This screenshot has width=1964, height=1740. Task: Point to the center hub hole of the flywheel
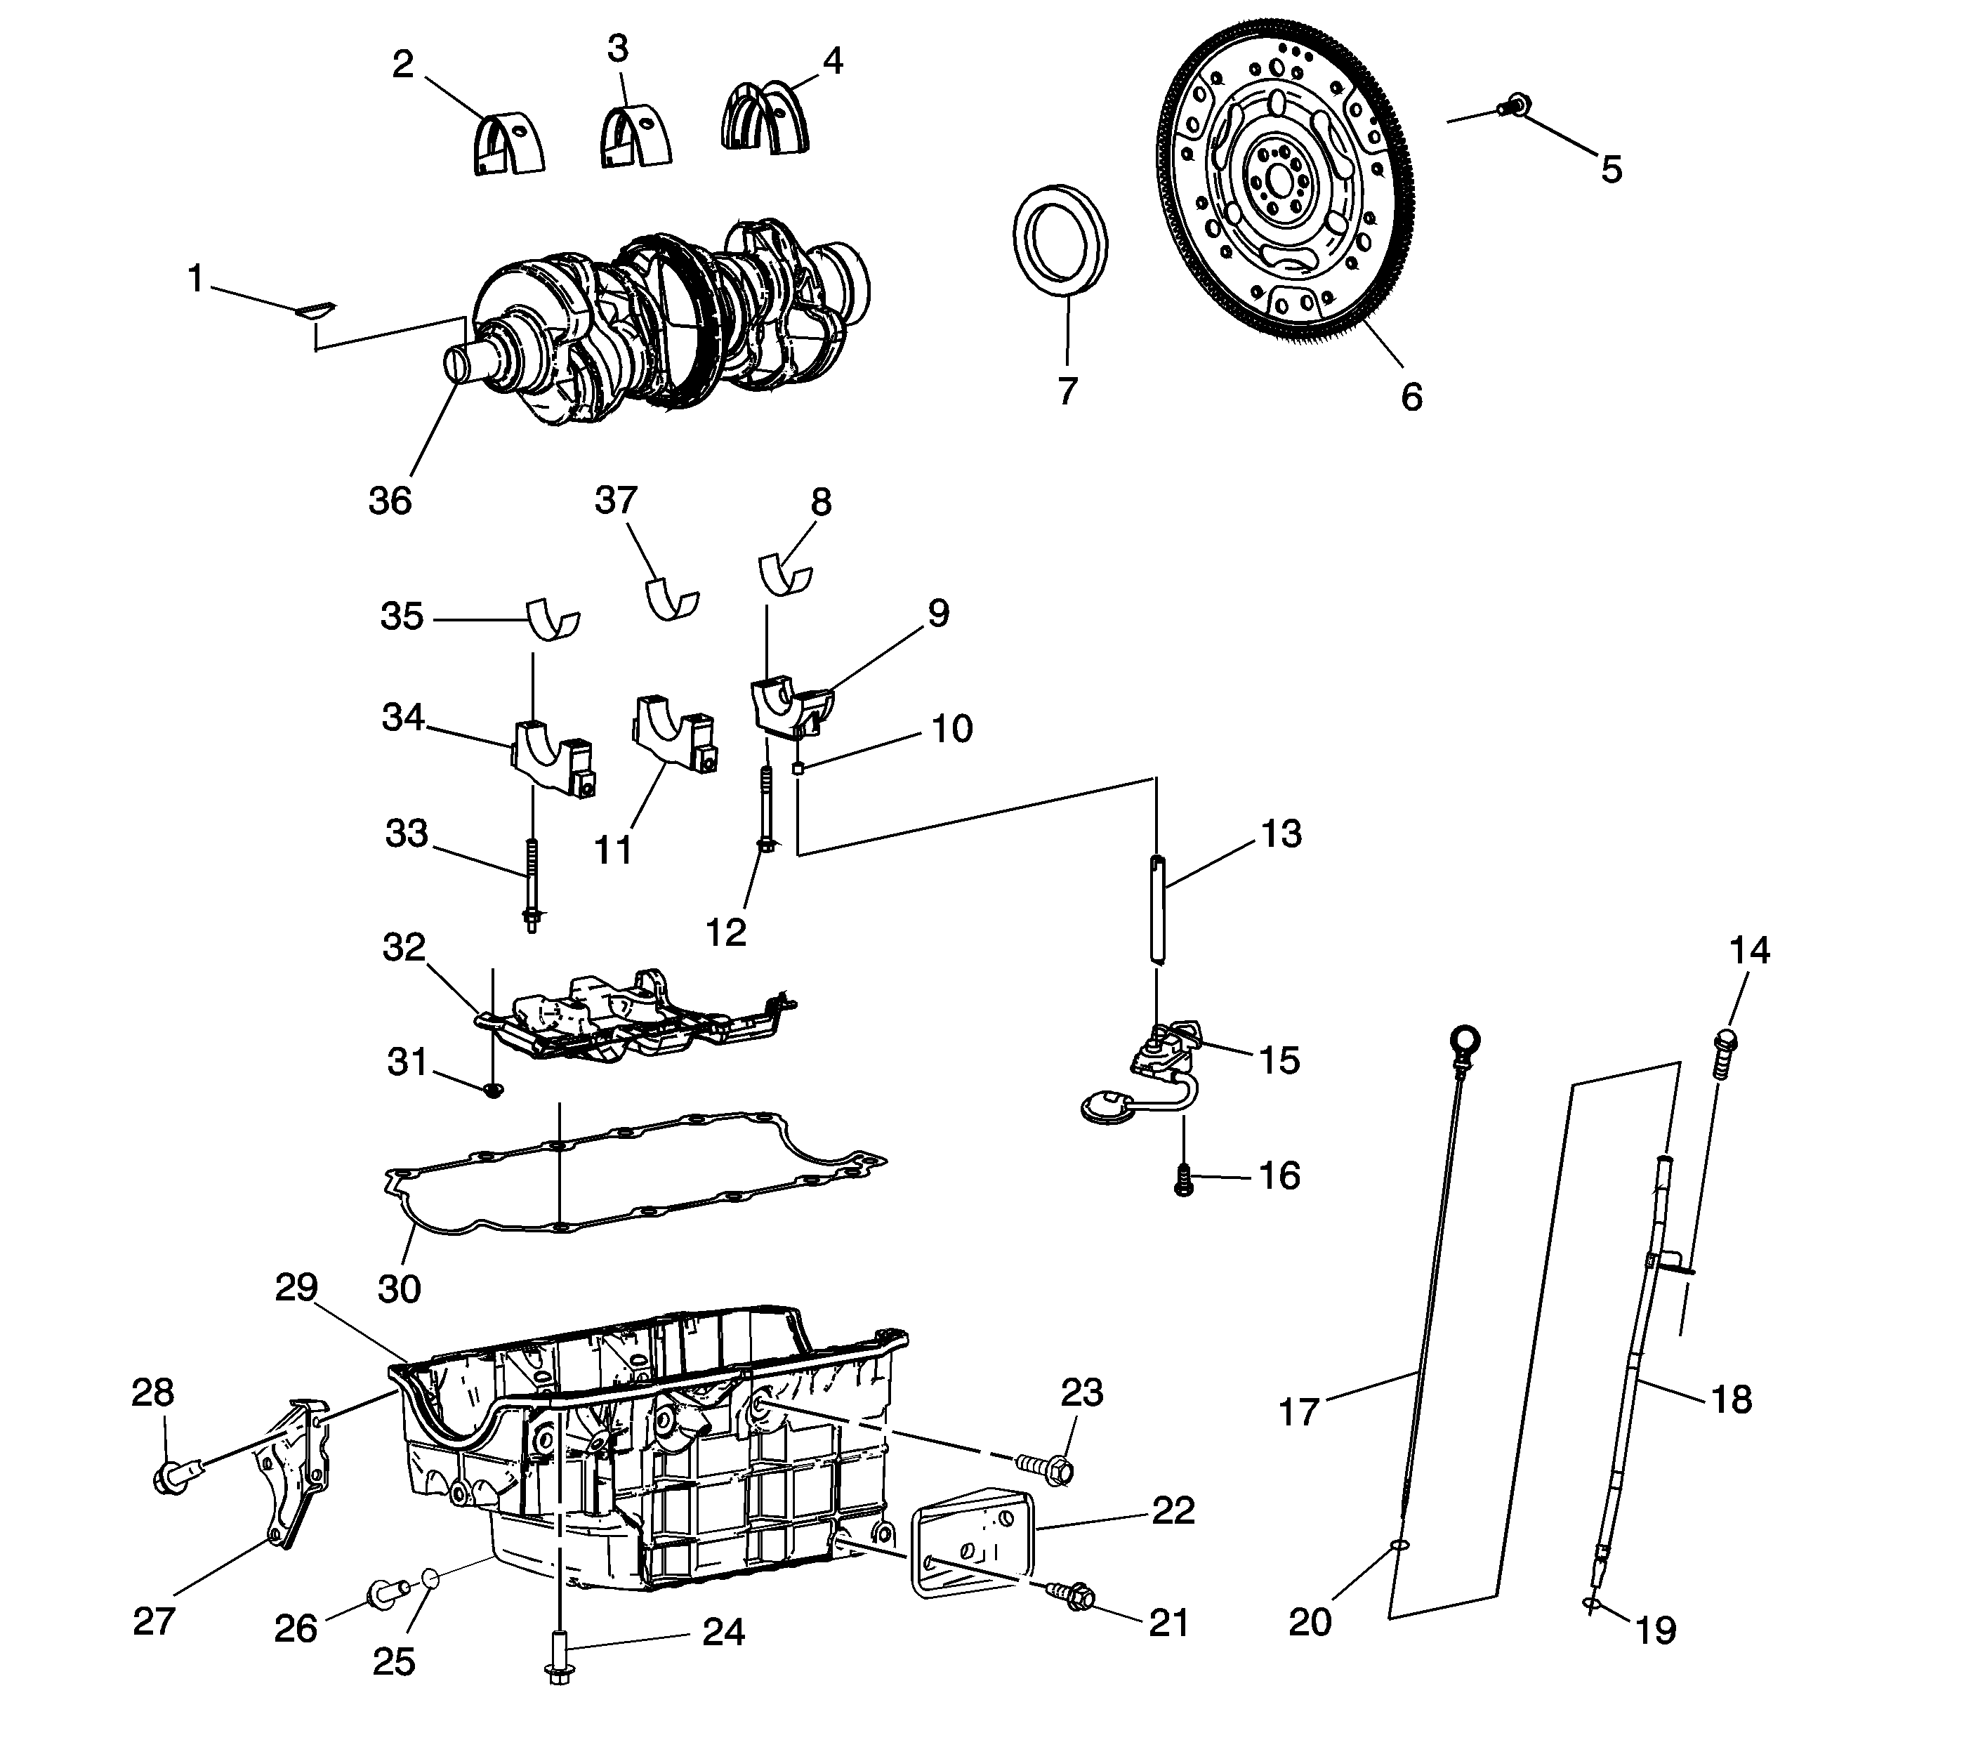pyautogui.click(x=1278, y=180)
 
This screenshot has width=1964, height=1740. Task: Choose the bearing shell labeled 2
pyautogui.click(x=508, y=146)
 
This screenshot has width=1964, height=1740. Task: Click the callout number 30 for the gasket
pyautogui.click(x=399, y=1288)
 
